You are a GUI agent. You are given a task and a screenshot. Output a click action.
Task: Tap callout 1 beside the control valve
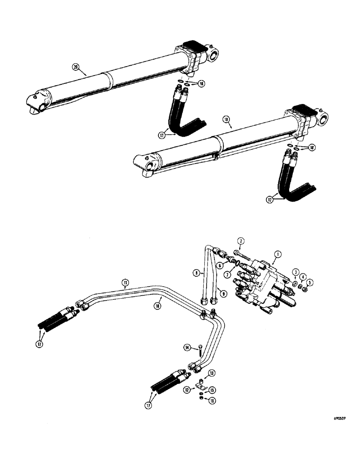(277, 254)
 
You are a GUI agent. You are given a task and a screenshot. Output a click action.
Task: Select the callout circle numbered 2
(241, 240)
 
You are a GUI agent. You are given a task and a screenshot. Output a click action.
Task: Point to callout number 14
(187, 347)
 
